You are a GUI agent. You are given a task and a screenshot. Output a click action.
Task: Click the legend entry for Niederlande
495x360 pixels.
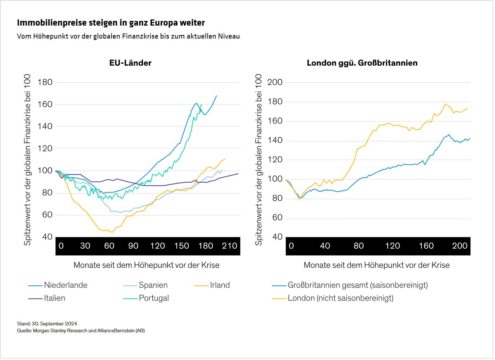66,285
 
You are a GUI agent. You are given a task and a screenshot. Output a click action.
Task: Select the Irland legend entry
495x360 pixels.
220,285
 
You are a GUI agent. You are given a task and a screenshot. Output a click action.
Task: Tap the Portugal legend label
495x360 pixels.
154,298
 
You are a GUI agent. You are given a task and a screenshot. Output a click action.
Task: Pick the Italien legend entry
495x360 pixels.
54,298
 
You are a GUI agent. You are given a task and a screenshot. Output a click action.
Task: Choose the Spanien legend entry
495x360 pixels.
153,285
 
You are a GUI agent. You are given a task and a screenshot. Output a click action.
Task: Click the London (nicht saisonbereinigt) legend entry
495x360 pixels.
340,298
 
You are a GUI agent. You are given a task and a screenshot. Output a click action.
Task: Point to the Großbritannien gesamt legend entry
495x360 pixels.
357,285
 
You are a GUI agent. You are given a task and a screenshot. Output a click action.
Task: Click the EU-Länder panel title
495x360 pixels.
130,63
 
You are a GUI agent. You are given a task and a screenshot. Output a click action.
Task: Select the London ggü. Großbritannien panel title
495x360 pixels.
362,63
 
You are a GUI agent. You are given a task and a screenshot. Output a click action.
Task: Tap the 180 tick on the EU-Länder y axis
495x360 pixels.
45,82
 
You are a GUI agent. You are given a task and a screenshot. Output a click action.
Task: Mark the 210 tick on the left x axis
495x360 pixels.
229,246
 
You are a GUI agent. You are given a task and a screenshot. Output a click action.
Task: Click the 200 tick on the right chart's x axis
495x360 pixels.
459,246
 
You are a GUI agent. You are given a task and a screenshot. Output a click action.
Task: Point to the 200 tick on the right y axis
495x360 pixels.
275,82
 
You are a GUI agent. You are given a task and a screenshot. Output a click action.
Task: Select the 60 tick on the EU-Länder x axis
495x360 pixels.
109,246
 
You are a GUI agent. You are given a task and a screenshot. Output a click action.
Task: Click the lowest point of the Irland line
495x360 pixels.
112,232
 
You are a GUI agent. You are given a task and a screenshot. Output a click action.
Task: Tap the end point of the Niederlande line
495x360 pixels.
216,96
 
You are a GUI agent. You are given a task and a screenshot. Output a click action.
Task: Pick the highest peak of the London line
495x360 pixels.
445,104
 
